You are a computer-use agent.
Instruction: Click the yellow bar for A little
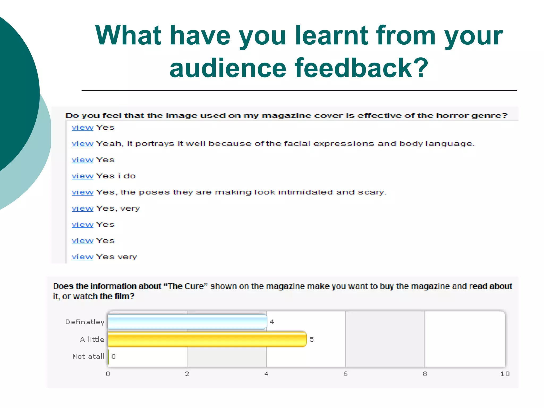[207, 339]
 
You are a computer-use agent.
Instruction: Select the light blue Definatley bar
[187, 322]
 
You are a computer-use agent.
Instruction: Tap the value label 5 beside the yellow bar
[312, 339]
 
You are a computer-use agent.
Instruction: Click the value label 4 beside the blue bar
[272, 322]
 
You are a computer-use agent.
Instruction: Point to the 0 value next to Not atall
[114, 356]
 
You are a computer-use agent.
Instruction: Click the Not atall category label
[88, 356]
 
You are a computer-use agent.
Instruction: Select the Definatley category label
[85, 322]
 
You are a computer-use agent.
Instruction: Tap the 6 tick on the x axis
[345, 374]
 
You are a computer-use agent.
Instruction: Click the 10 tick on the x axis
[505, 374]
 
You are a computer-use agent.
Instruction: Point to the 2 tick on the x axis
[187, 374]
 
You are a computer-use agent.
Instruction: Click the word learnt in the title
[331, 35]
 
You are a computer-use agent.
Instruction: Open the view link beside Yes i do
[82, 176]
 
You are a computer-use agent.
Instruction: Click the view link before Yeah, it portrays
[82, 144]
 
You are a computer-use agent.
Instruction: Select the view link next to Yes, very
[82, 209]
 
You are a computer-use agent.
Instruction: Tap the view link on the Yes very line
[82, 257]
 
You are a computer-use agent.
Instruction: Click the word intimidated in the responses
[305, 192]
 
